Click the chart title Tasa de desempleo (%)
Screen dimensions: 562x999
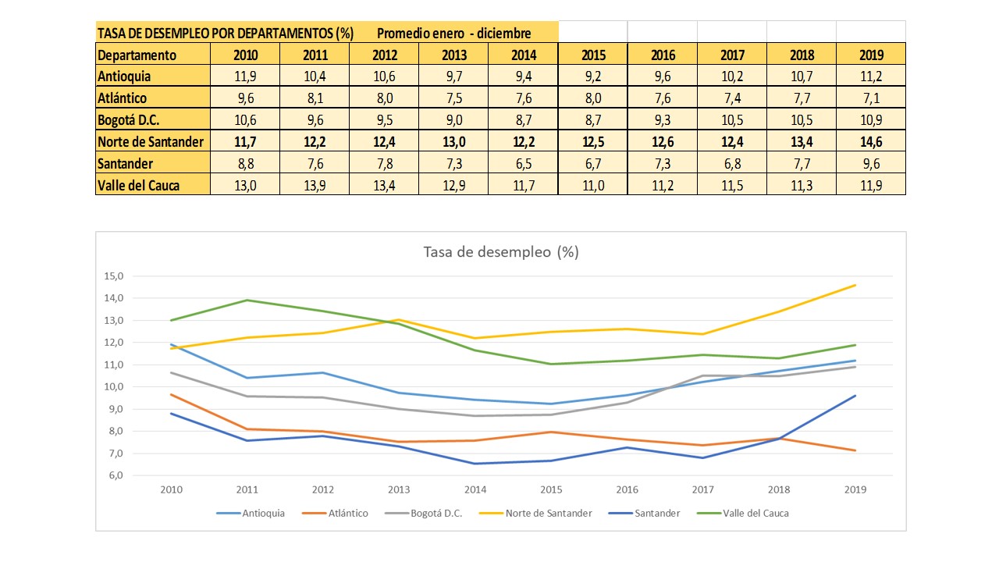coord(500,252)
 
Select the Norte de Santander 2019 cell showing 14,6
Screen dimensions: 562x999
coord(871,142)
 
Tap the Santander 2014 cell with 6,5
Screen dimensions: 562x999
coord(524,164)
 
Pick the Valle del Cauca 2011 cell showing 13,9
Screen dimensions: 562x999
coord(315,186)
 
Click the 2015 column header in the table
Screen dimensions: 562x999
coord(593,55)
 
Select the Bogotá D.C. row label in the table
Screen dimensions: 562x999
coord(128,120)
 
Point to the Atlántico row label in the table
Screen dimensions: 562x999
coord(123,98)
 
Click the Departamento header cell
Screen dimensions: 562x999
coord(137,55)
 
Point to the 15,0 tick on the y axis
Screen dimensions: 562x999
coord(114,276)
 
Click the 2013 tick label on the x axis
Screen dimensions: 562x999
coord(400,489)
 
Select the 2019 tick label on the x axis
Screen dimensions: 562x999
coord(855,489)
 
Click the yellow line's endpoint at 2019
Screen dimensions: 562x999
coord(855,285)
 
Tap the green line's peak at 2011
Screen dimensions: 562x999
coord(247,301)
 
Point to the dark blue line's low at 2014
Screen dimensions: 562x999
coord(475,464)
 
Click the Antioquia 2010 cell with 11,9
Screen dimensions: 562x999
coord(246,76)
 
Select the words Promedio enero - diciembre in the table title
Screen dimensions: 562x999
coord(453,34)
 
